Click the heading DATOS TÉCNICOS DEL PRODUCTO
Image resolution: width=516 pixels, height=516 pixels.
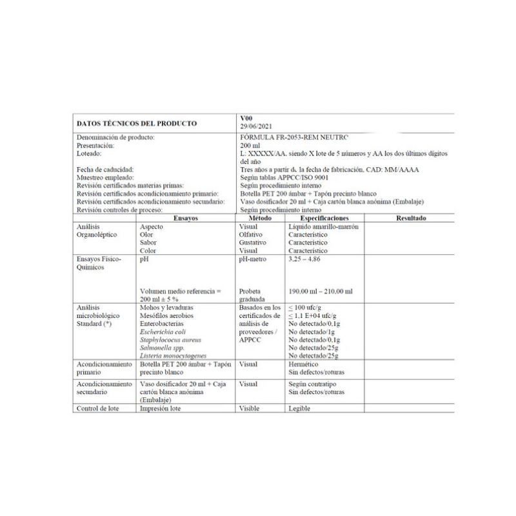coord(137,123)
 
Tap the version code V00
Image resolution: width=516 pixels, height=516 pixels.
coord(246,119)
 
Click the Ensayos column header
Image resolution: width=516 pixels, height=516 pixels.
coord(185,218)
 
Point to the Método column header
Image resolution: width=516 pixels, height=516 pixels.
coord(261,218)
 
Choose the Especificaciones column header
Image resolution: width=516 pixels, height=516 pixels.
coord(324,218)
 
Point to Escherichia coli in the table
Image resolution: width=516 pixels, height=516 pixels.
coord(166,332)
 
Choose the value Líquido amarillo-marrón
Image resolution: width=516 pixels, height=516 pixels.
coord(323,227)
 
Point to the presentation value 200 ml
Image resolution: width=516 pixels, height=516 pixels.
coord(250,146)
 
